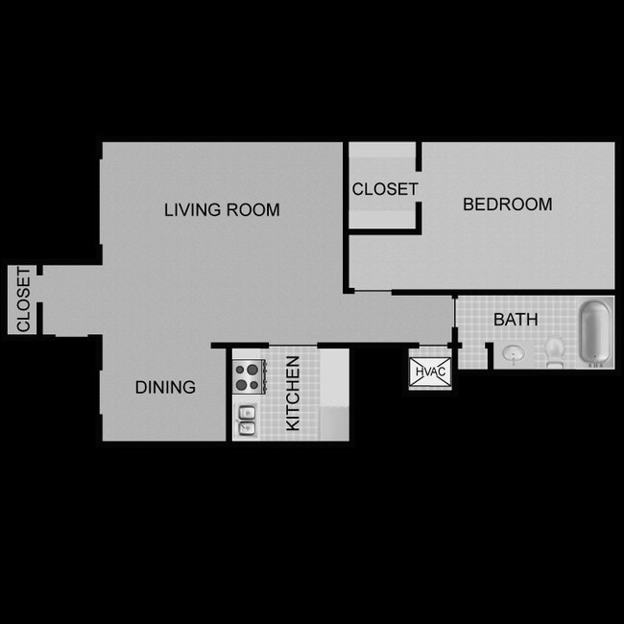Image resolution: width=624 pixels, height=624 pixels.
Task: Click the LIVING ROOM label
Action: pyautogui.click(x=222, y=209)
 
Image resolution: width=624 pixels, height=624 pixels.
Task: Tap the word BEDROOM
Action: pyautogui.click(x=507, y=204)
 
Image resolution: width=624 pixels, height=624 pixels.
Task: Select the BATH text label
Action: pyautogui.click(x=516, y=320)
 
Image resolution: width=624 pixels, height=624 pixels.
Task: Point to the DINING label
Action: pyautogui.click(x=165, y=387)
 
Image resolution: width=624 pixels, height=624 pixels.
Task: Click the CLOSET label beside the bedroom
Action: pyautogui.click(x=384, y=189)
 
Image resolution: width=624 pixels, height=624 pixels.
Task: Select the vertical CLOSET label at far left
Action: pyautogui.click(x=23, y=300)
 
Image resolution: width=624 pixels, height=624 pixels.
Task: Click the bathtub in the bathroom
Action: pyautogui.click(x=594, y=333)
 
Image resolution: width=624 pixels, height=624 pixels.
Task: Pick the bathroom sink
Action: pyautogui.click(x=514, y=354)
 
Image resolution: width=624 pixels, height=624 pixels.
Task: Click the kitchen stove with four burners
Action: pyautogui.click(x=247, y=375)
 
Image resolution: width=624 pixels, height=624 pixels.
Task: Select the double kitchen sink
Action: pyautogui.click(x=246, y=419)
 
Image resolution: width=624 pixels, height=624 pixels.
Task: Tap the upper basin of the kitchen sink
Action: pyautogui.click(x=246, y=411)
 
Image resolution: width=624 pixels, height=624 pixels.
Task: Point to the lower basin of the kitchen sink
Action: pyautogui.click(x=246, y=427)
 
